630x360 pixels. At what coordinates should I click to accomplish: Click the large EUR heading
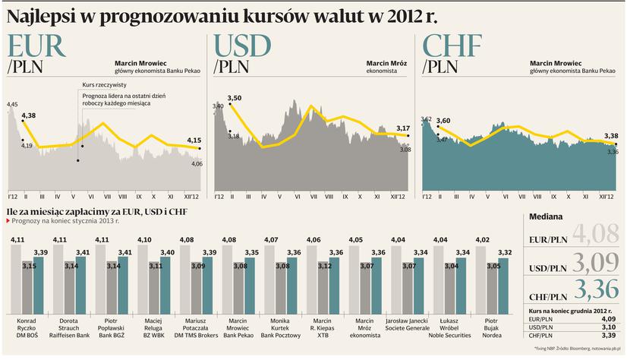36,46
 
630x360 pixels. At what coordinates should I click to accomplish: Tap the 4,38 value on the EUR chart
30,115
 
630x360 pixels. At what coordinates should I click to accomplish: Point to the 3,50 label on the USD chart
234,98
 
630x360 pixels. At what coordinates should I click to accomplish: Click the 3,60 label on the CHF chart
443,121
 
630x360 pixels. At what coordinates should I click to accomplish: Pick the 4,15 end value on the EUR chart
194,140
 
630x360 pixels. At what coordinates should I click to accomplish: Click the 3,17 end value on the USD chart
403,128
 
